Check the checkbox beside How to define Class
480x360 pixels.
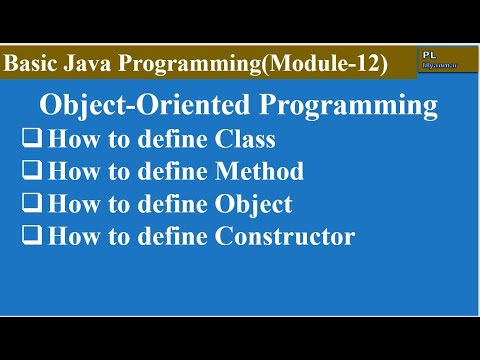pyautogui.click(x=31, y=140)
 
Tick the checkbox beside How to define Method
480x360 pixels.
pyautogui.click(x=31, y=173)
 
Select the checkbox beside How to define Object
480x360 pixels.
pyautogui.click(x=31, y=205)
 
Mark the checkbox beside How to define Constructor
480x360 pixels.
pyautogui.click(x=31, y=238)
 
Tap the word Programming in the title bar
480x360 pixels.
pyautogui.click(x=191, y=64)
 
